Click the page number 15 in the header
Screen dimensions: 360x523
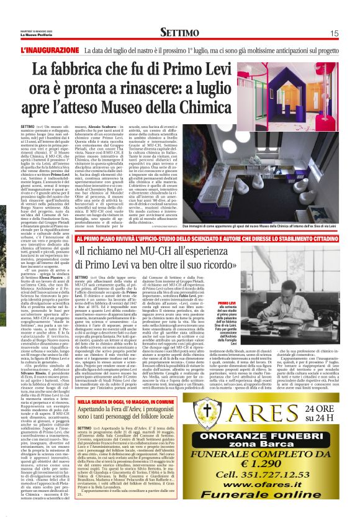click(334, 32)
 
